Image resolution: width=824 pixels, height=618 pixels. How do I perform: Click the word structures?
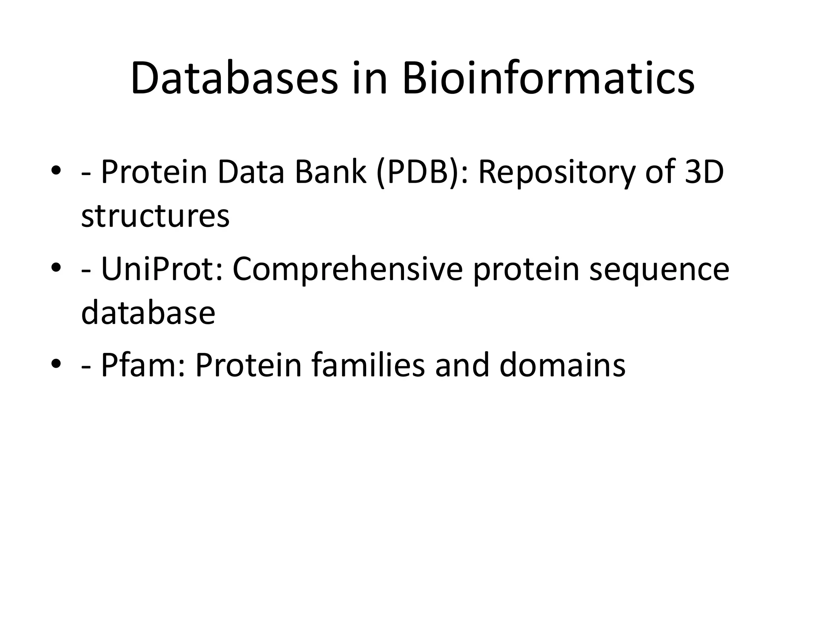coord(155,216)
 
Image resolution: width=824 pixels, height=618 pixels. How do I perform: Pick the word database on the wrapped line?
coord(148,313)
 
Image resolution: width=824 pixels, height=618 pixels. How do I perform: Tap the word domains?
coord(562,365)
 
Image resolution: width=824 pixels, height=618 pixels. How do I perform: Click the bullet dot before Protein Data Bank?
coord(56,171)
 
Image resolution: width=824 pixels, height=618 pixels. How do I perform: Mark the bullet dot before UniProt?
coord(56,268)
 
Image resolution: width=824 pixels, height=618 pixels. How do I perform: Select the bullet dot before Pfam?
coord(56,364)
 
